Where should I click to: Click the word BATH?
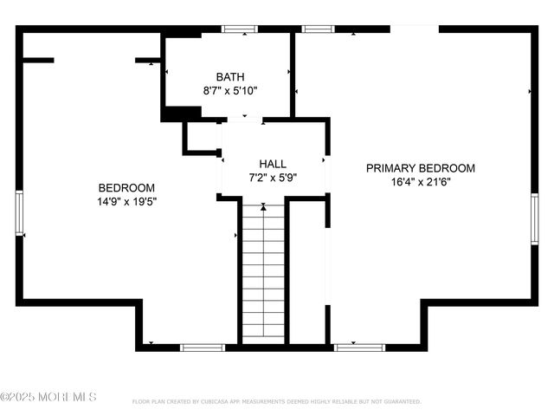point(230,77)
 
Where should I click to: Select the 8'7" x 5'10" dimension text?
point(230,90)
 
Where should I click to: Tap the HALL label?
point(273,164)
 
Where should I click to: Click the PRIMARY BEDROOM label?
point(420,168)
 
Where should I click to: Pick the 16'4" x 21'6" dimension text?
point(420,181)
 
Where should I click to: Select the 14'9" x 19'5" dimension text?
point(126,201)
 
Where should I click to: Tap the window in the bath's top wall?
point(240,29)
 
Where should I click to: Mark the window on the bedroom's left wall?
point(19,213)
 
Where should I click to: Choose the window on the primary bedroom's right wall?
point(534,215)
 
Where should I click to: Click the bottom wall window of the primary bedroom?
point(359,348)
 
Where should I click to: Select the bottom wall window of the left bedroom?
point(203,348)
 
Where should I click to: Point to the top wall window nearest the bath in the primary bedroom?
point(318,29)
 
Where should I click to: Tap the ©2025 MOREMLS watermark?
point(48,397)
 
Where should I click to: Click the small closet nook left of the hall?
point(203,137)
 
